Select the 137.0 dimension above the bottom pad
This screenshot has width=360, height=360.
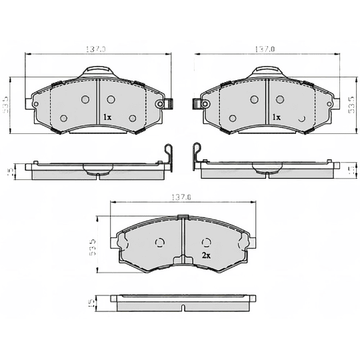click(181, 197)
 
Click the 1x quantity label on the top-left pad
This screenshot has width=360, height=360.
click(107, 117)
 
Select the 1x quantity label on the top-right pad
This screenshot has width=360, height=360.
click(276, 117)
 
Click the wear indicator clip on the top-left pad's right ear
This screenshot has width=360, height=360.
click(169, 104)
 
